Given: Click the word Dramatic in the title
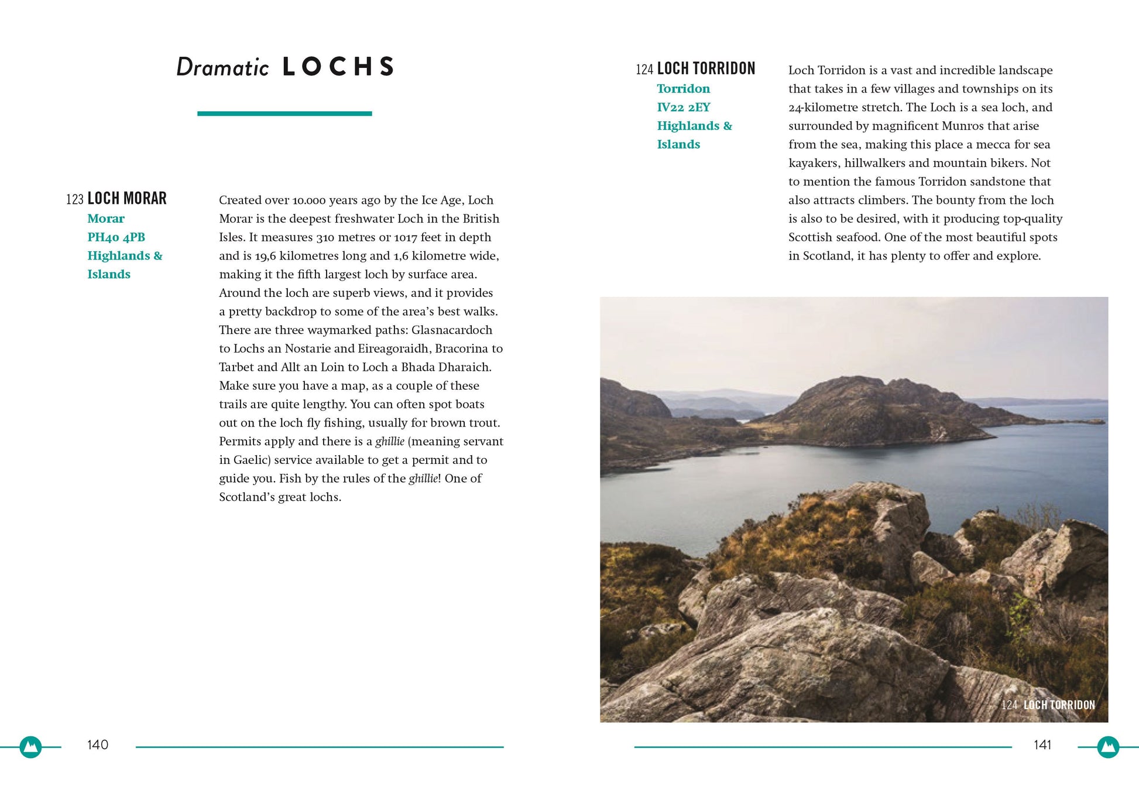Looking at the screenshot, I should tap(222, 67).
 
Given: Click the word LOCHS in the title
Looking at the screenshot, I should tap(338, 67).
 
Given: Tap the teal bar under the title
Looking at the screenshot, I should tap(284, 114).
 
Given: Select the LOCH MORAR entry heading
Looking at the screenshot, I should tap(127, 199).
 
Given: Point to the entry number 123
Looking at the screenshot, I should tap(75, 200).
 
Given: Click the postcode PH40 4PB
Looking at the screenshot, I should tap(116, 237).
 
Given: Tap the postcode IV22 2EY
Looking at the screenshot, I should tap(683, 107).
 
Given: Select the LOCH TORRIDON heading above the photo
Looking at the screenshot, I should tap(706, 69).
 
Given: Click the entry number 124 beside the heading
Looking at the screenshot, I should tap(644, 70).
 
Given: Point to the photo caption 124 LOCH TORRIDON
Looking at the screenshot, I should tap(1048, 705).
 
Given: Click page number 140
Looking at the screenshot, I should tap(98, 744).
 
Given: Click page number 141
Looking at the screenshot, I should tap(1042, 744).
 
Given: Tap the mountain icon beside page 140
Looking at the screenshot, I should tap(30, 747).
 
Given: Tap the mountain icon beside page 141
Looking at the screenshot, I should tap(1107, 747).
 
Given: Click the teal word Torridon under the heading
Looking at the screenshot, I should tap(683, 88).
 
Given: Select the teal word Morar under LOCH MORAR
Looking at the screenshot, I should tap(106, 218).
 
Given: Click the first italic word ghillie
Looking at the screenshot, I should tap(389, 441).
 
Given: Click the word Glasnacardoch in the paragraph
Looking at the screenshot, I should tap(451, 330).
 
